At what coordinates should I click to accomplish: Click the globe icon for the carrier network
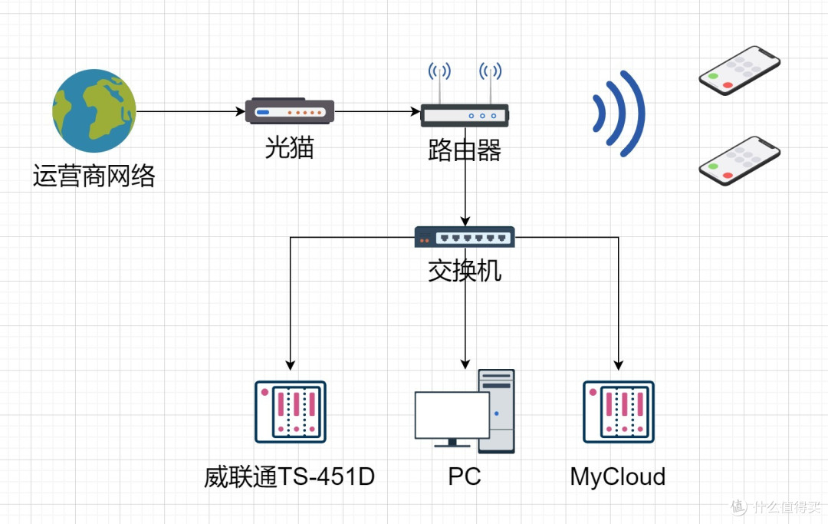(x=94, y=110)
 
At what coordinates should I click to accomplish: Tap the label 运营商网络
(x=94, y=176)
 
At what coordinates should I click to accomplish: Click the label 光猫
(x=290, y=147)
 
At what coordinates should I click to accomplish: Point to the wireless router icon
(x=465, y=115)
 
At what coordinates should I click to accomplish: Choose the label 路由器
(x=465, y=151)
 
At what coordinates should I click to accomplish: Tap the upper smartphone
(x=739, y=70)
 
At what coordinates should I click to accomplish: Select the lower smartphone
(x=739, y=160)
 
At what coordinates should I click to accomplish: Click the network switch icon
(x=465, y=237)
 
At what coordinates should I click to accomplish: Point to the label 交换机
(x=465, y=271)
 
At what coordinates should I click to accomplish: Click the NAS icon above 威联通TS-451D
(x=291, y=412)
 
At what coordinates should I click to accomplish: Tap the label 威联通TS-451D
(x=290, y=477)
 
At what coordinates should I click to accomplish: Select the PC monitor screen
(x=452, y=415)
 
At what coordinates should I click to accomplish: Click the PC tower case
(x=497, y=410)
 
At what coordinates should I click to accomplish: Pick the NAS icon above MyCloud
(x=618, y=412)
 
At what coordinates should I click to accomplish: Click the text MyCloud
(x=618, y=477)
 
